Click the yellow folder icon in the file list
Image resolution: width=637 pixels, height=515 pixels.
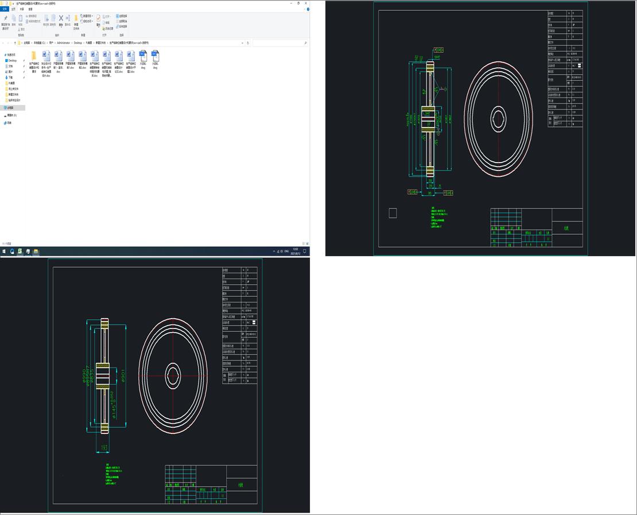tap(33, 56)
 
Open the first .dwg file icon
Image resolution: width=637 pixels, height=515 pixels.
tap(143, 56)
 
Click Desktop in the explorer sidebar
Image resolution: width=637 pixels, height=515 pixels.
tap(11, 60)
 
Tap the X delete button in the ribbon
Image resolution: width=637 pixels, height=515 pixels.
tap(60, 18)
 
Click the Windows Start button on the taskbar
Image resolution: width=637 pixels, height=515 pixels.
tap(4, 251)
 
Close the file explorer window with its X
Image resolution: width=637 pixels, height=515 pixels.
tap(306, 3)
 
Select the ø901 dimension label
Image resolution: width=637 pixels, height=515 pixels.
tap(122, 375)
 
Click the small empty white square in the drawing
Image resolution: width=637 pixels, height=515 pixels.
tap(393, 213)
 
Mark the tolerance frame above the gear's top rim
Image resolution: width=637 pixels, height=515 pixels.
tap(439, 49)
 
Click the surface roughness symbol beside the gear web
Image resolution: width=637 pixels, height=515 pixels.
tap(442, 89)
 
